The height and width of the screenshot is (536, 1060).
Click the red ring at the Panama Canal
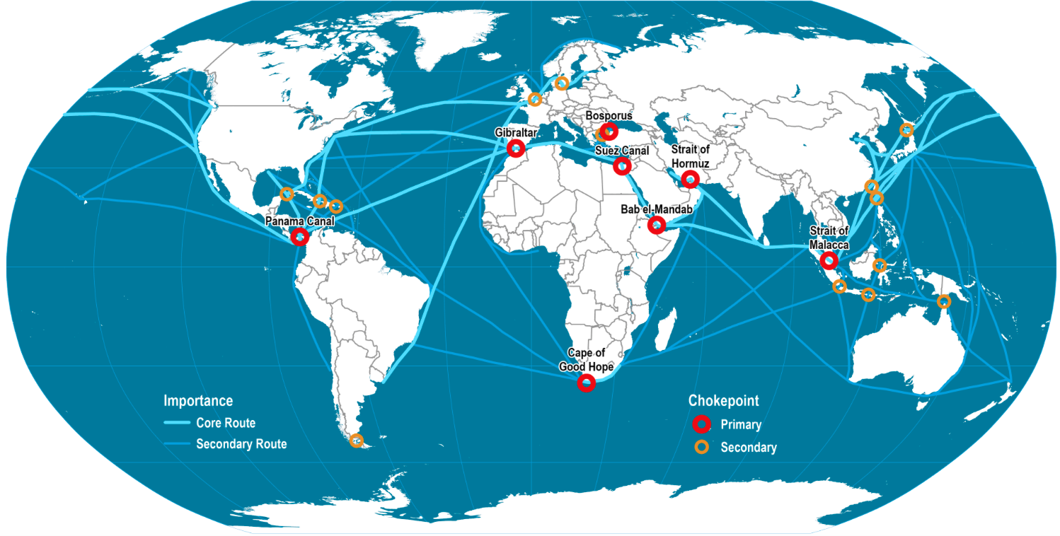(x=299, y=236)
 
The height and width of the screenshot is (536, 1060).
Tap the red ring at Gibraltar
(x=516, y=148)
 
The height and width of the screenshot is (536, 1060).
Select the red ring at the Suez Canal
(x=622, y=166)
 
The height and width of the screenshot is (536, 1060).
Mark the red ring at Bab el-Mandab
(x=657, y=226)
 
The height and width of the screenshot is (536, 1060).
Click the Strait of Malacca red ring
(x=829, y=261)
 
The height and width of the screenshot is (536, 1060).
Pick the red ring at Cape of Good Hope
(x=586, y=383)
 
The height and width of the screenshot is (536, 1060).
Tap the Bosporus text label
(x=609, y=115)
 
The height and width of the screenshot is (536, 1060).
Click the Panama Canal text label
(x=299, y=221)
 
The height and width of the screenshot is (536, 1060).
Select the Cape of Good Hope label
(x=586, y=360)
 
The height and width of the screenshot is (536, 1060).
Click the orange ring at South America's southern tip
(x=356, y=441)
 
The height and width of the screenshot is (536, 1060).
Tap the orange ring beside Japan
(x=906, y=129)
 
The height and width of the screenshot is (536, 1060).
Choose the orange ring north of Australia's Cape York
(x=943, y=302)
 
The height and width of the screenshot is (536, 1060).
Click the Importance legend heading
(x=198, y=401)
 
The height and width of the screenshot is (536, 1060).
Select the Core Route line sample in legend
(x=177, y=423)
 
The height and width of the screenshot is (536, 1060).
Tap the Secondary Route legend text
(x=241, y=445)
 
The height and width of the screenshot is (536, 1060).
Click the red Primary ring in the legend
(x=701, y=424)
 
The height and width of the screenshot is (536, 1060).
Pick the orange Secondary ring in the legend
(x=701, y=447)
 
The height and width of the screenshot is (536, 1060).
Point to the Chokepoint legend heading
(x=723, y=401)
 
